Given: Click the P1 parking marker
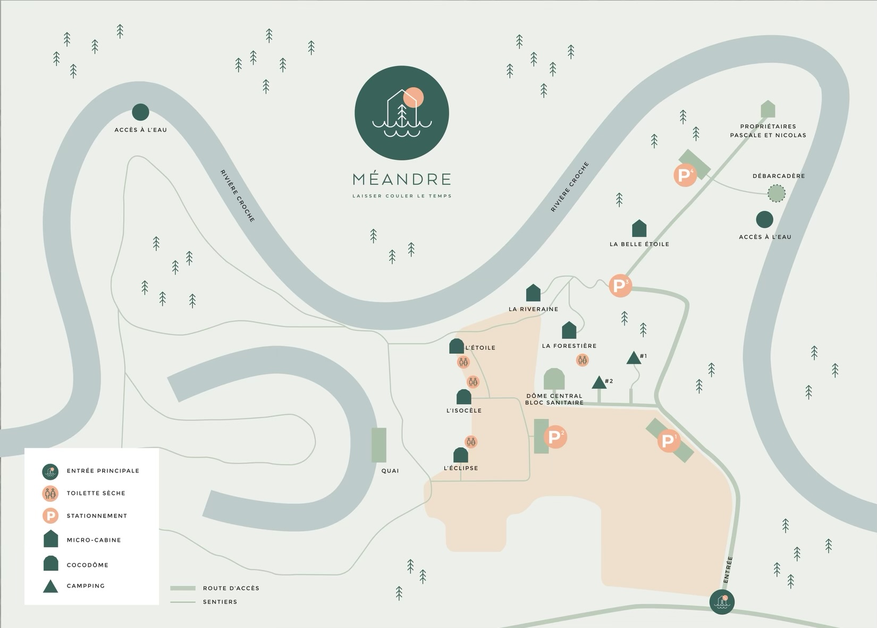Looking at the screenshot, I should pyautogui.click(x=669, y=441).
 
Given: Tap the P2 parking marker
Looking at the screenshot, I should pyautogui.click(x=555, y=437).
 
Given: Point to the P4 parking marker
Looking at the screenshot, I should pyautogui.click(x=685, y=175).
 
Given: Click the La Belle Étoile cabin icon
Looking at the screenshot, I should pyautogui.click(x=639, y=229).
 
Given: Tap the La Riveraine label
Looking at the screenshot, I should pyautogui.click(x=533, y=309).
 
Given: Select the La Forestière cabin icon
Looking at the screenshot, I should pyautogui.click(x=569, y=330).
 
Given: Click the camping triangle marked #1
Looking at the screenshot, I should pyautogui.click(x=633, y=358).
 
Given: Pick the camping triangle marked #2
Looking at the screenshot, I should pyautogui.click(x=599, y=382).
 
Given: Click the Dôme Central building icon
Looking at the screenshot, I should pyautogui.click(x=554, y=379).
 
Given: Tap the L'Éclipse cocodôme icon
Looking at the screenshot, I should pyautogui.click(x=461, y=455).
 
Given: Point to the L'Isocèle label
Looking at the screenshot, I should pyautogui.click(x=464, y=411).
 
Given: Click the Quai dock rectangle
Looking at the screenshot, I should pyautogui.click(x=379, y=445).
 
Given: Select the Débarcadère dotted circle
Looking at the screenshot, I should pyautogui.click(x=777, y=194).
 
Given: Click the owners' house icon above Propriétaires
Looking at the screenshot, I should pyautogui.click(x=768, y=109).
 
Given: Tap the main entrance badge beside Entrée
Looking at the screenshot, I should pyautogui.click(x=722, y=602).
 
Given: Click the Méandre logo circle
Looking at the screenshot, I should pyautogui.click(x=402, y=113).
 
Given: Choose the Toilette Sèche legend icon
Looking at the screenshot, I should pyautogui.click(x=50, y=493).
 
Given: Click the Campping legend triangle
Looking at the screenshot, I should pyautogui.click(x=50, y=587).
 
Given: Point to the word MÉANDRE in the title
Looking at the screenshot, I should pyautogui.click(x=402, y=179).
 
